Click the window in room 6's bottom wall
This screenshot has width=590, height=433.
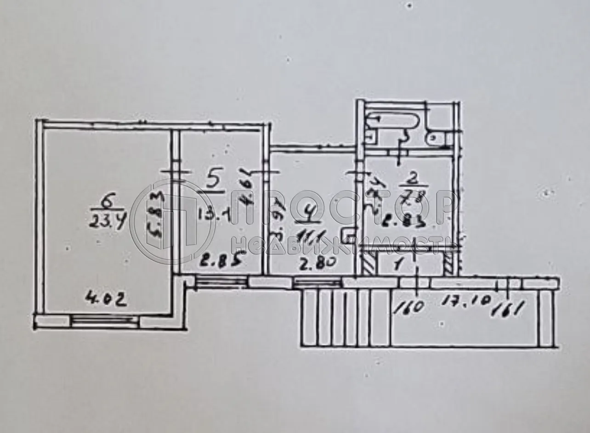click(x=105, y=320)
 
